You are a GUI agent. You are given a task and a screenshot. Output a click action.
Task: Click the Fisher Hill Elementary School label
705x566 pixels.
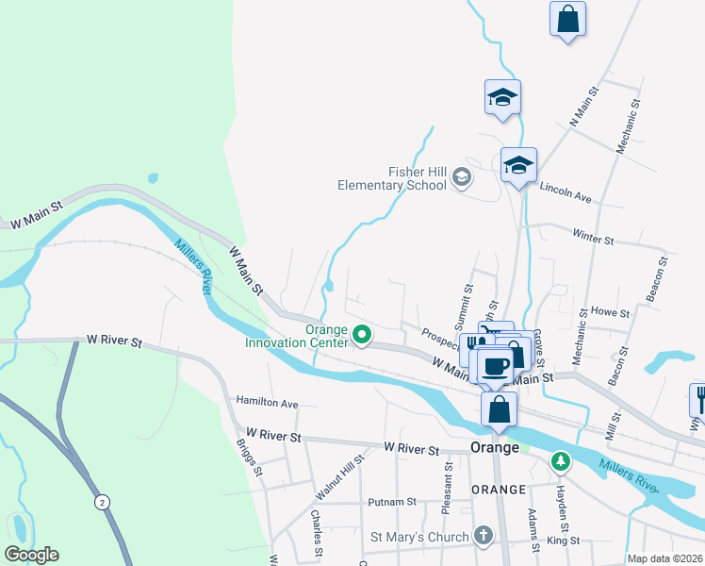tap(392, 178)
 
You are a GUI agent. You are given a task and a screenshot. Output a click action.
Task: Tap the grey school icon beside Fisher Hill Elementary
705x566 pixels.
tap(462, 176)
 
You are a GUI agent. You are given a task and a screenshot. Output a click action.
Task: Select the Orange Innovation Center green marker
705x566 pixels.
tap(360, 334)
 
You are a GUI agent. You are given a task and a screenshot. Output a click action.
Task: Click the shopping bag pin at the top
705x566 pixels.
tap(567, 19)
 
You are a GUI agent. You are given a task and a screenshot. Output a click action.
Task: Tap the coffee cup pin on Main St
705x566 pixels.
tap(495, 365)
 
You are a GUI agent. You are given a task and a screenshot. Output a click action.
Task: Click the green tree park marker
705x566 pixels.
tap(561, 460)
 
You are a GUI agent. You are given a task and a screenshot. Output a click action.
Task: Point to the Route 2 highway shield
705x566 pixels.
tap(101, 503)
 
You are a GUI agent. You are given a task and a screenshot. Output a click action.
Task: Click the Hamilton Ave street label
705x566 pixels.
tap(267, 402)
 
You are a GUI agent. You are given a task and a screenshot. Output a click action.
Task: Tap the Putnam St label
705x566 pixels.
tap(394, 502)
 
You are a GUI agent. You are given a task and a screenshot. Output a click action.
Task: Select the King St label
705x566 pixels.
tap(563, 541)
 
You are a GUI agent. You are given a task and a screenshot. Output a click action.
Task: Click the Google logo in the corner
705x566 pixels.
tap(31, 554)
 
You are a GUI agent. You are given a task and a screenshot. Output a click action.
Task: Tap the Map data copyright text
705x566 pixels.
tap(664, 558)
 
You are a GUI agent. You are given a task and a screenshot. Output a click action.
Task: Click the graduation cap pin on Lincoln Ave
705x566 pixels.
tap(518, 166)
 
